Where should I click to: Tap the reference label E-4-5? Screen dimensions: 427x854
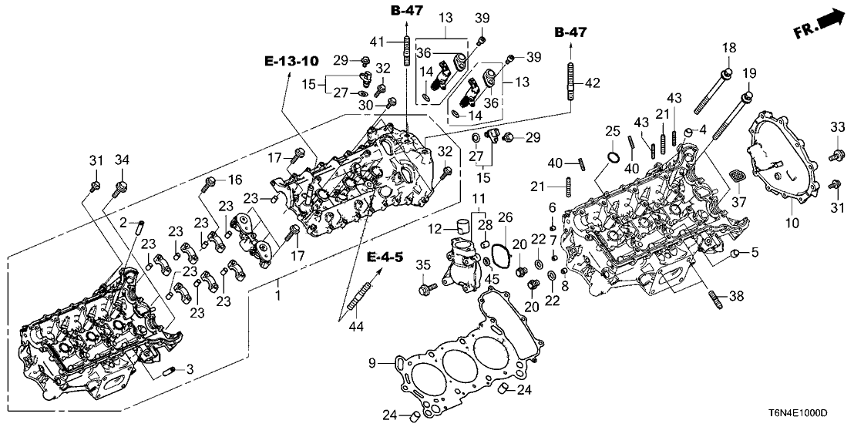(383, 256)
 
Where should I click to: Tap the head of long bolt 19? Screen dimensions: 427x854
(746, 96)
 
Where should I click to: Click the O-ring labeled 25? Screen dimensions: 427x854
(612, 159)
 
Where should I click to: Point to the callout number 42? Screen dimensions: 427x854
(590, 83)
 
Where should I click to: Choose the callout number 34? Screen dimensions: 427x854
(120, 160)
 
